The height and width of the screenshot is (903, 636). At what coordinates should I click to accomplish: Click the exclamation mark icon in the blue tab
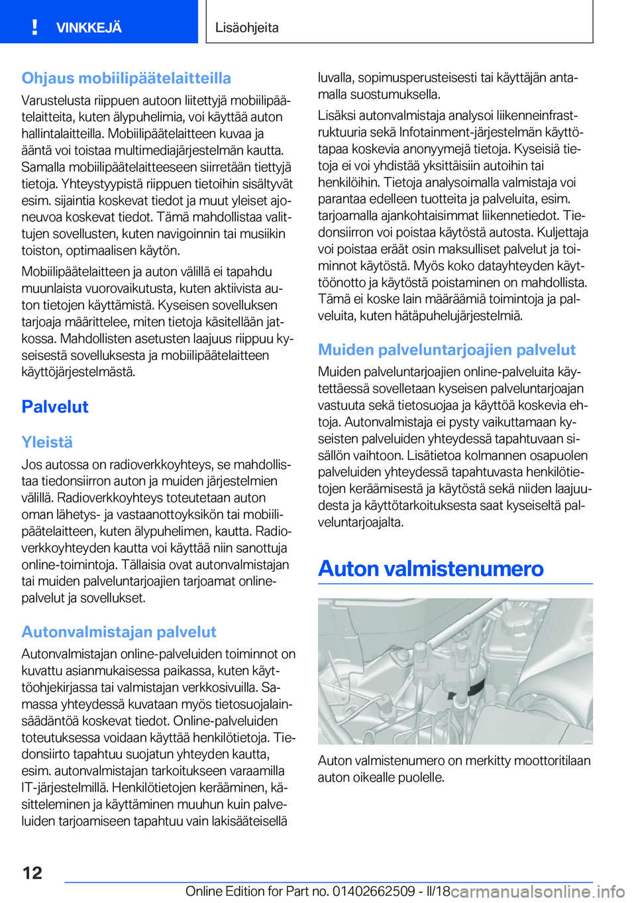[34, 27]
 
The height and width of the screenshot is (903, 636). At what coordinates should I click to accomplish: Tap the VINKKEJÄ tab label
[89, 28]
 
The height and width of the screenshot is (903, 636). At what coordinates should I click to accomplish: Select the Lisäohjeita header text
[247, 28]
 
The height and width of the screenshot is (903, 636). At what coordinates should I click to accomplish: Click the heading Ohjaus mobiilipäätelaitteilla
[126, 78]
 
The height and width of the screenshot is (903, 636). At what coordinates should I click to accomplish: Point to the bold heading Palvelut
[55, 406]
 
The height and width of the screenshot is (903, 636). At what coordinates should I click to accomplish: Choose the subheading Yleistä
[47, 442]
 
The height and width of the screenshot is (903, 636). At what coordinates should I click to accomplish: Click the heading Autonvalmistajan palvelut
[119, 632]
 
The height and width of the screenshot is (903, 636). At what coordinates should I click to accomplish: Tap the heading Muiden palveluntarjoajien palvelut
[447, 349]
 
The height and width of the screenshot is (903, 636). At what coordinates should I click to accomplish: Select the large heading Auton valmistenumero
[431, 569]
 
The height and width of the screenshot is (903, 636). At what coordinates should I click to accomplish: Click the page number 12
[32, 873]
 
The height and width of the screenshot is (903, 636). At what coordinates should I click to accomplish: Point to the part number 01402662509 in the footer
[374, 891]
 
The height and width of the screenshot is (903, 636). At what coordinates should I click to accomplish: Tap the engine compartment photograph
[455, 671]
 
